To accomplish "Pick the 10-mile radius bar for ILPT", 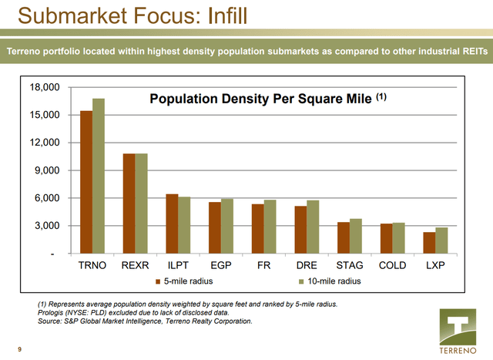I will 184,225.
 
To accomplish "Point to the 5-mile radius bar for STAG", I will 343,238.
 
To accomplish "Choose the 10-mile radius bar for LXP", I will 441,241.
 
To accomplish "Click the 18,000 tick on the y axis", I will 44,87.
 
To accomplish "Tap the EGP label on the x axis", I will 220,265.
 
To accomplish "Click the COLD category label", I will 392,265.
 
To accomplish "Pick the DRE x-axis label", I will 306,265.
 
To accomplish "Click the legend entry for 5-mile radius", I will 185,281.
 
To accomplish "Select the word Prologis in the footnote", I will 54,313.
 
